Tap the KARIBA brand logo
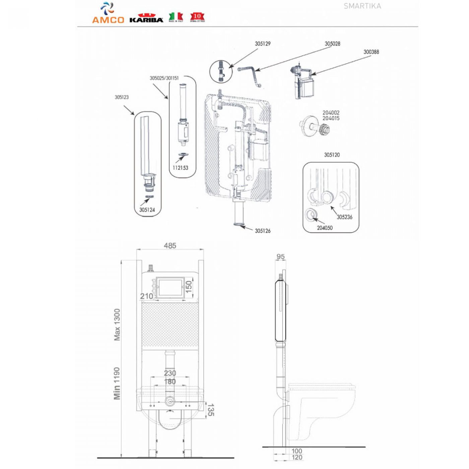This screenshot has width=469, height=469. [146, 18]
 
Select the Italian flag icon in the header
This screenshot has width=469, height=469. [176, 16]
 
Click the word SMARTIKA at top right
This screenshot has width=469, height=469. [362, 6]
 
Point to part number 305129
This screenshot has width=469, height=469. [263, 44]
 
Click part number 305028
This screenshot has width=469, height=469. [332, 44]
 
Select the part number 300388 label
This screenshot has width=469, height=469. [371, 52]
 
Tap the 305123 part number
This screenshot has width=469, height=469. [122, 97]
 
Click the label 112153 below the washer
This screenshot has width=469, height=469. [180, 168]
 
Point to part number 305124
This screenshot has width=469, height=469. [147, 210]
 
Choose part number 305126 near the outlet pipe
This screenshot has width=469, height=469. [263, 231]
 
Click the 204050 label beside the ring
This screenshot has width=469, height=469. [325, 228]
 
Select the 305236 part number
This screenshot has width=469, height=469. [344, 217]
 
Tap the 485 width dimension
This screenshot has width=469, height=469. [170, 246]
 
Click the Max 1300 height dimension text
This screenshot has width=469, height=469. [117, 325]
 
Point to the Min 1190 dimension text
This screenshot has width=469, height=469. [117, 383]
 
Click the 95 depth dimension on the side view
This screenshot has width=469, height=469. [280, 257]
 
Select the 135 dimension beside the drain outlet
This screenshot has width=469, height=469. [210, 410]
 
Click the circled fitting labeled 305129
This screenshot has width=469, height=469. [221, 72]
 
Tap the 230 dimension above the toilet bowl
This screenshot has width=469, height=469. [170, 373]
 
